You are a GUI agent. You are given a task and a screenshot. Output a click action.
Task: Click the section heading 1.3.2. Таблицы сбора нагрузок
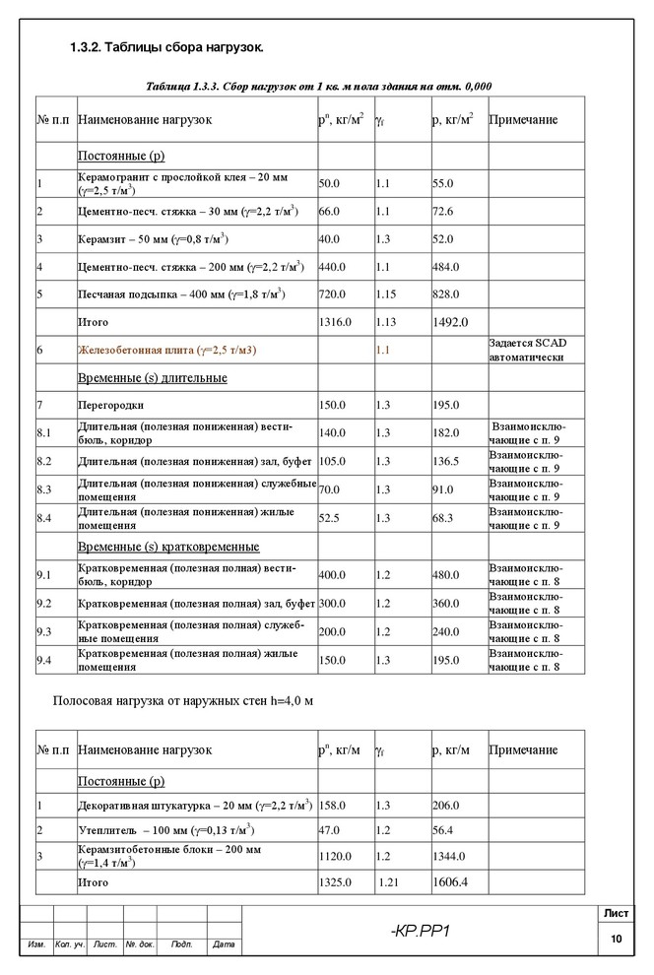click(x=166, y=48)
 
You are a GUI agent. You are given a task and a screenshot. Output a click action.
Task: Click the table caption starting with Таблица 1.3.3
click(x=318, y=87)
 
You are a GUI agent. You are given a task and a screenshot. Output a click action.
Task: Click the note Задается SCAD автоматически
click(x=528, y=351)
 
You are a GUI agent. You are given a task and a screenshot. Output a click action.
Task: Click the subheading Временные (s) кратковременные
click(x=168, y=547)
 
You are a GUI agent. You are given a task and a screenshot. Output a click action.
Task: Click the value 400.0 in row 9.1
click(x=332, y=575)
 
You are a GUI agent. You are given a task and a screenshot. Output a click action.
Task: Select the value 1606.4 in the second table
click(x=449, y=881)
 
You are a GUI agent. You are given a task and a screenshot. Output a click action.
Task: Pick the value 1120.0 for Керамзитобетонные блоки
click(x=335, y=856)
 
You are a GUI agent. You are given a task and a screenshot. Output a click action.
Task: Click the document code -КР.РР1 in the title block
click(x=420, y=931)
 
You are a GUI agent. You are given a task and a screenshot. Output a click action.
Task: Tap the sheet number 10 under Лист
click(x=617, y=940)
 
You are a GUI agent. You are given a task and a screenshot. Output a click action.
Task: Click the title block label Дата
click(x=224, y=945)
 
